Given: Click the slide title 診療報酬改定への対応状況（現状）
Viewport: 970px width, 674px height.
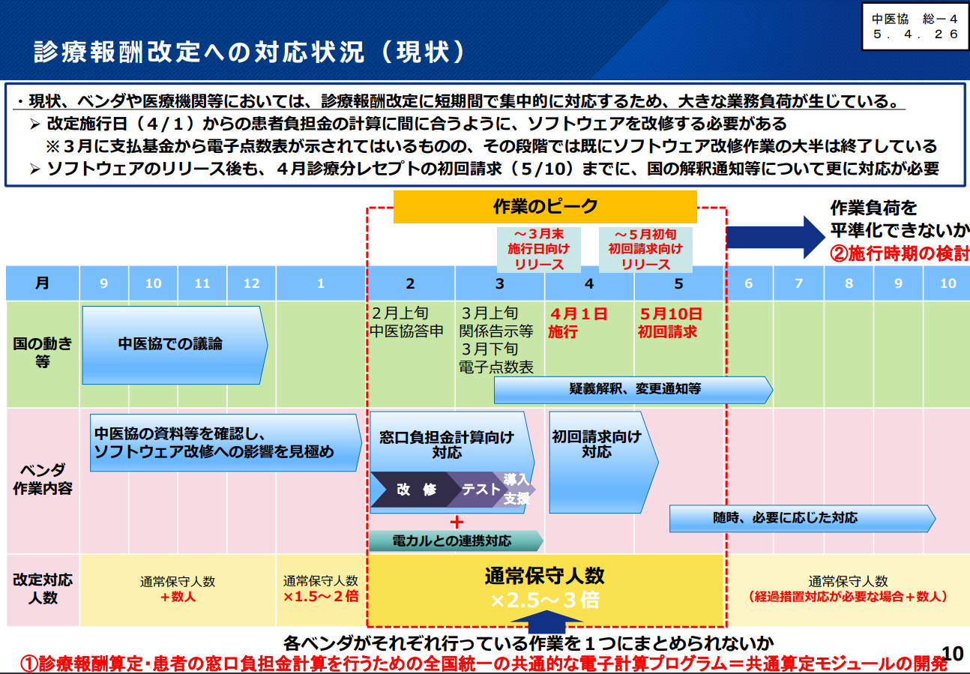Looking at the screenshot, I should [250, 52].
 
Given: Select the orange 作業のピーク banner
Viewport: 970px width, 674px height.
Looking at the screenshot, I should [545, 207].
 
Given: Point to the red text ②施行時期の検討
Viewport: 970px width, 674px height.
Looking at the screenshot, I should [899, 253].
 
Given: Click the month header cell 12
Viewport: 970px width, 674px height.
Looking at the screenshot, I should [252, 283].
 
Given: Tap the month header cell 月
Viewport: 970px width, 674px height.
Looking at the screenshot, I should [42, 283].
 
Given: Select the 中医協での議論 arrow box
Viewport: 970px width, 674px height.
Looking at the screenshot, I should [172, 344].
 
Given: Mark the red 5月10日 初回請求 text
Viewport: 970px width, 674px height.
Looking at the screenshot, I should [669, 322].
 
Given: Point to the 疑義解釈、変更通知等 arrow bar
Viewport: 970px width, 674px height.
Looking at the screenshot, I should [633, 389].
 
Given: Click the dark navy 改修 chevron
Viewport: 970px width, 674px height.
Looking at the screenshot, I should [415, 490].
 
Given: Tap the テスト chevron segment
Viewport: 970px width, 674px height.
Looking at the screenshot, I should [480, 490].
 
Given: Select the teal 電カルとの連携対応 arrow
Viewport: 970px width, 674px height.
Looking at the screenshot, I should [454, 541].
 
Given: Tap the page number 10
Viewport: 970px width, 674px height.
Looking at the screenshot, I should [951, 653].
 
